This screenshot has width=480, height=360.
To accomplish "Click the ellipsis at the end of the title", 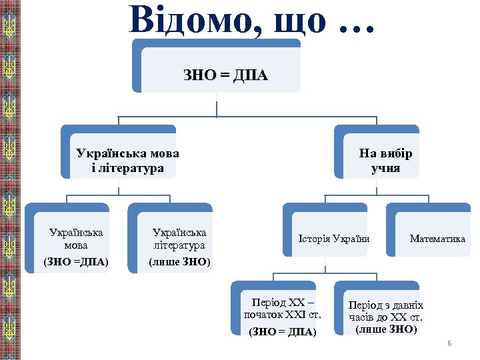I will click(357, 25).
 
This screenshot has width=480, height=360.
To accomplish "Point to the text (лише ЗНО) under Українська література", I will click(179, 261).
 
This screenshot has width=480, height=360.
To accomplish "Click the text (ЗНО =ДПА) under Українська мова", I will click(76, 261).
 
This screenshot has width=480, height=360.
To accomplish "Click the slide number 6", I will click(449, 343).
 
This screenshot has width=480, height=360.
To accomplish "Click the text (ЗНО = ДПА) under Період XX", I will click(283, 331).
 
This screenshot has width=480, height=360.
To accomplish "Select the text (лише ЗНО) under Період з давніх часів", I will click(386, 329).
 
